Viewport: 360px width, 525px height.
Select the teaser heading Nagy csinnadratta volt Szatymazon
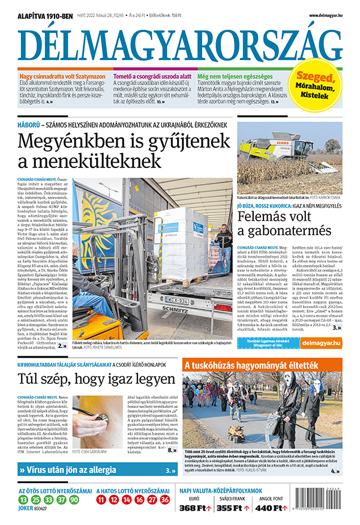click(62, 77)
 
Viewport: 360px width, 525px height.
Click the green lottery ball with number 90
click(74, 499)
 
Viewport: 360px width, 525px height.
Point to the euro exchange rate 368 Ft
click(197, 509)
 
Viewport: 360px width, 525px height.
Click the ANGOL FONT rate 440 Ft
click(270, 509)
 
